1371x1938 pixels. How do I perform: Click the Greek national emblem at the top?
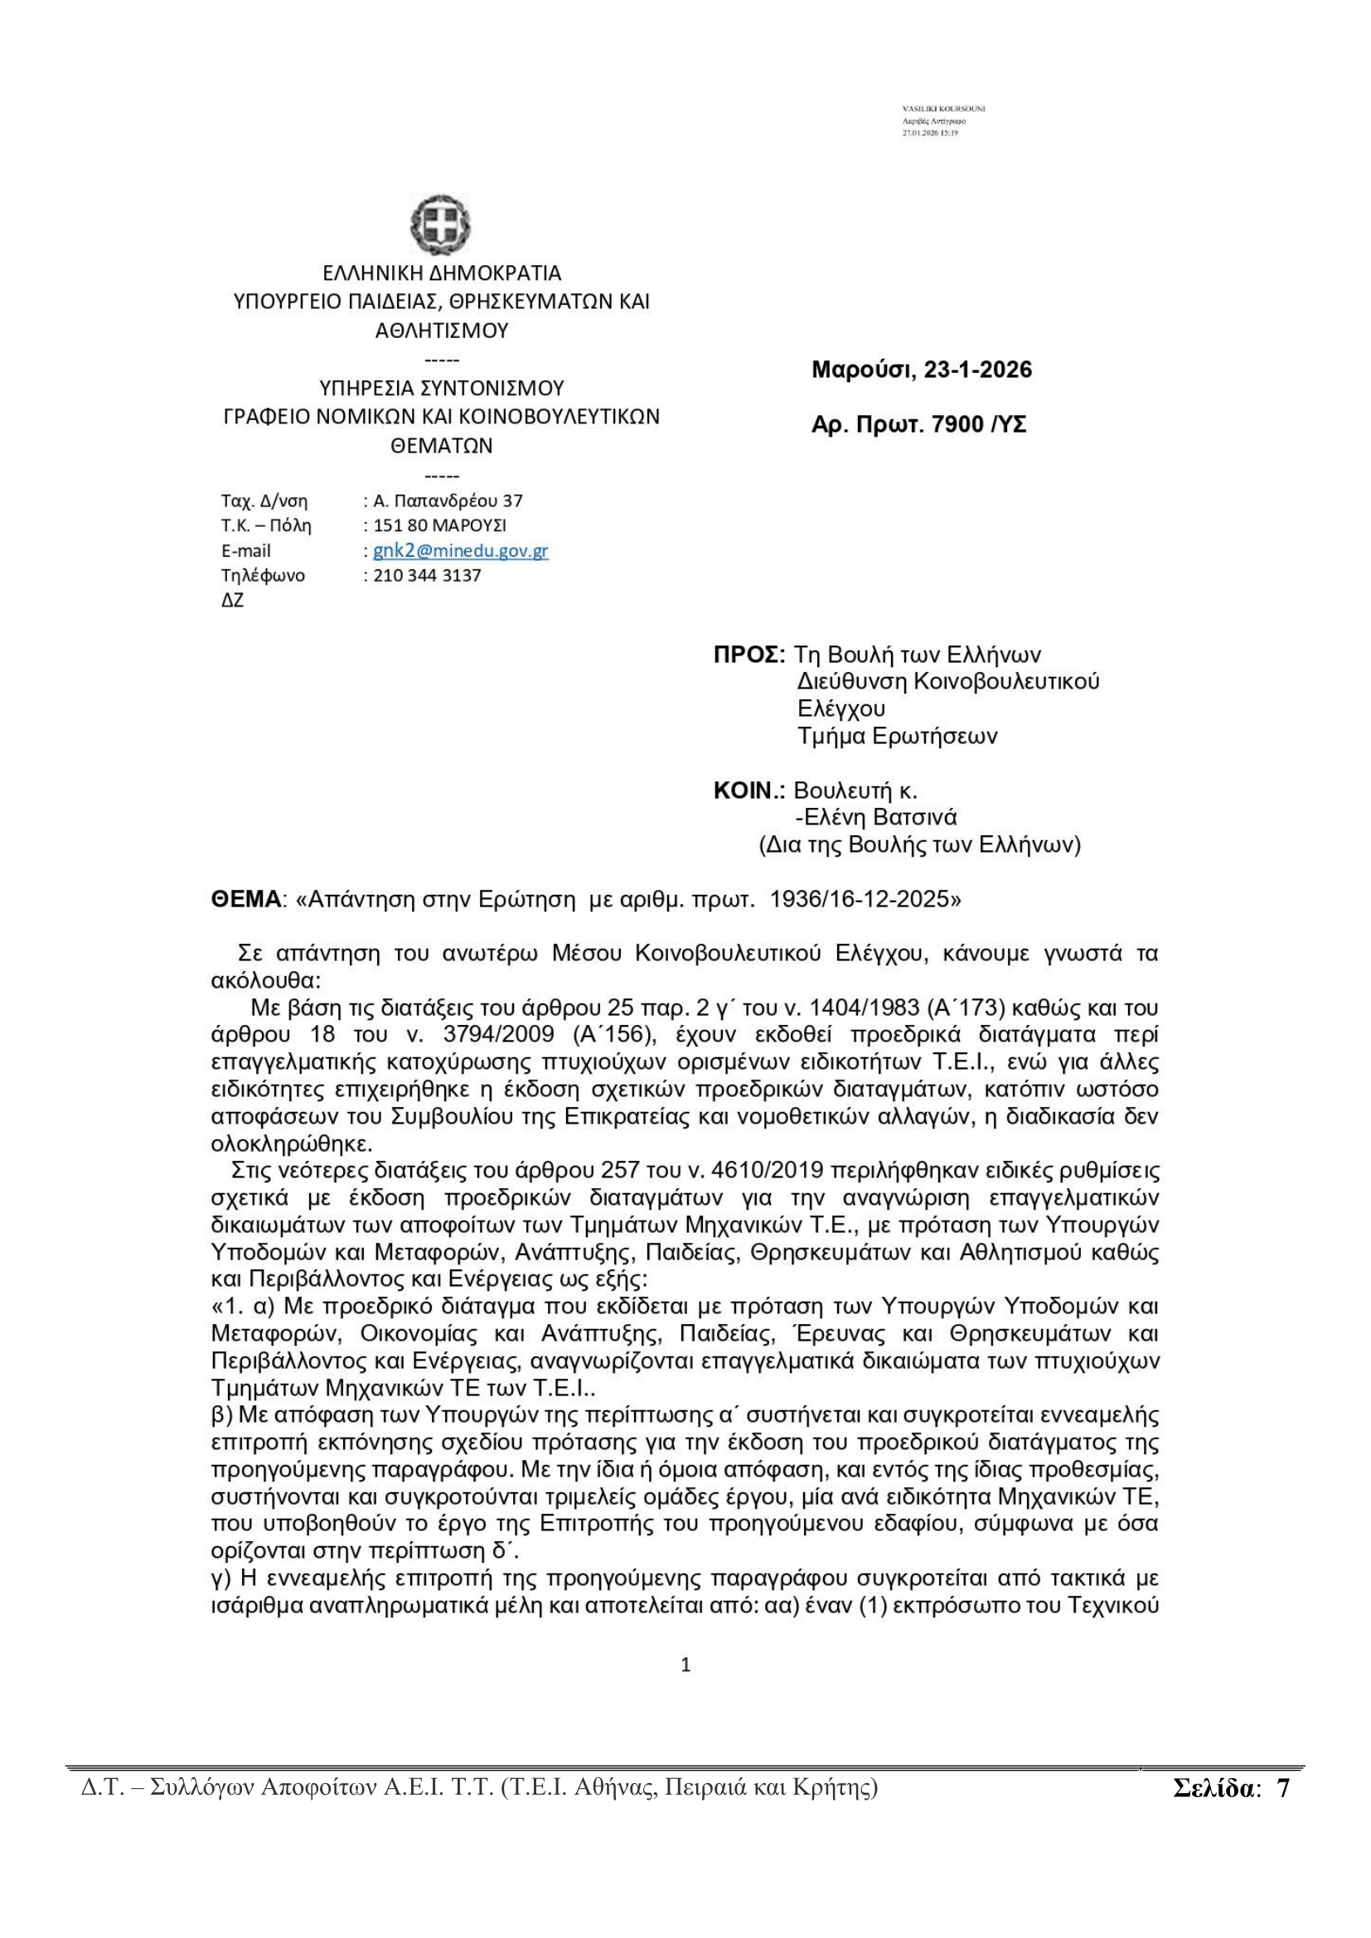click(441, 225)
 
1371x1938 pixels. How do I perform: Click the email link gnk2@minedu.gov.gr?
click(460, 551)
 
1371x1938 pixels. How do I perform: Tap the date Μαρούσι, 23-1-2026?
click(921, 370)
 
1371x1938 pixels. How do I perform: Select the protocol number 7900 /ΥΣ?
click(978, 424)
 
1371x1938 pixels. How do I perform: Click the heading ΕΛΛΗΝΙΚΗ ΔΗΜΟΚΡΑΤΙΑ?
click(442, 273)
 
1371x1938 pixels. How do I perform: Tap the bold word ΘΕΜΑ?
click(245, 899)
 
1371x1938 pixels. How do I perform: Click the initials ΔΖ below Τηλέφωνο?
click(232, 602)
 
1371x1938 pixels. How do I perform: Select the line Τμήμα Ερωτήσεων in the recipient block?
click(898, 736)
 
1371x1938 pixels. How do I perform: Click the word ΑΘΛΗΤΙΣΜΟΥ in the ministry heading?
click(442, 330)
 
